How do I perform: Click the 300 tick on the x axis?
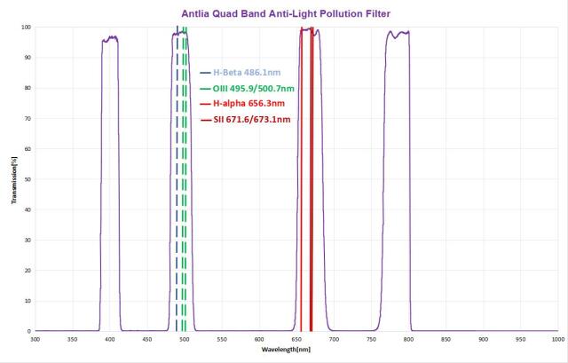tap(35, 340)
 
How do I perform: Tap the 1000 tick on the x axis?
tap(556, 340)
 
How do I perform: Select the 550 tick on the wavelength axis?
tap(221, 340)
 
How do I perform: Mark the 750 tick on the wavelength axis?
tap(370, 340)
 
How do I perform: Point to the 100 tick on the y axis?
tap(27, 28)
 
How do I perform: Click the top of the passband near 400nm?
tap(110, 38)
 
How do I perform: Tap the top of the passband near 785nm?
tap(397, 34)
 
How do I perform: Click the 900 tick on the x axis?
tap(482, 340)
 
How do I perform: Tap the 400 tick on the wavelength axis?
tap(110, 340)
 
